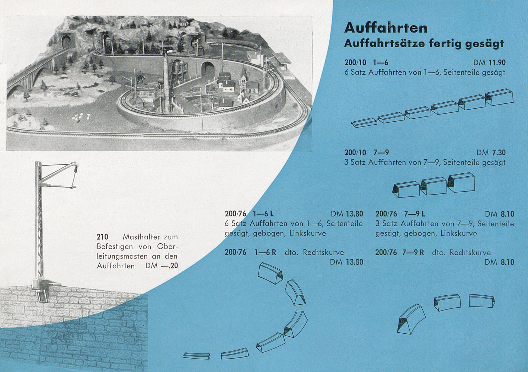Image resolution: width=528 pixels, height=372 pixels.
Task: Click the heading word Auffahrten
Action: [385, 28]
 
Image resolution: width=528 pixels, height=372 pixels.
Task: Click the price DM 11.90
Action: [489, 62]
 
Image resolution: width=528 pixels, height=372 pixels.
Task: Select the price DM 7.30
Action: [491, 153]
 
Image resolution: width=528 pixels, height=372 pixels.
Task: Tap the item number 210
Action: [102, 237]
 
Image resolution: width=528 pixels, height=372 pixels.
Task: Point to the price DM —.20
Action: [161, 266]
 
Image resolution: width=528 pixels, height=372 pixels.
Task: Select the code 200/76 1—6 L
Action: [249, 214]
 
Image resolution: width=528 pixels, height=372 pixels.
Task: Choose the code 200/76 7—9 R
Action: [400, 253]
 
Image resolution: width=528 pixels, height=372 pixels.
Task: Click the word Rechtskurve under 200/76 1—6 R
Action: [323, 253]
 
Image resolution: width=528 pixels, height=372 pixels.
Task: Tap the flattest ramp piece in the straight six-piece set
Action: [364, 122]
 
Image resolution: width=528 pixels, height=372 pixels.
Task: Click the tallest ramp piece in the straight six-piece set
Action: [499, 97]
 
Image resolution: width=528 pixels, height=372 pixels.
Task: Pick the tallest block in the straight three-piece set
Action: [461, 182]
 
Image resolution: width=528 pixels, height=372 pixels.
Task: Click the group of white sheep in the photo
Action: [81, 117]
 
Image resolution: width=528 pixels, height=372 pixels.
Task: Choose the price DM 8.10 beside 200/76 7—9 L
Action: [499, 214]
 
